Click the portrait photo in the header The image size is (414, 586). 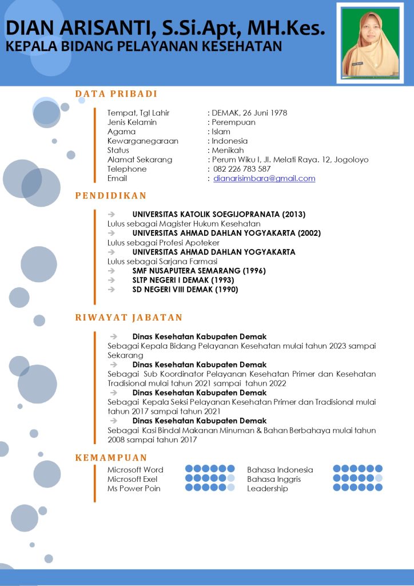point(370,44)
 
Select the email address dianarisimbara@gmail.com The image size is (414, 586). point(264,179)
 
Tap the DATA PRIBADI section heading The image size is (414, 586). point(116,94)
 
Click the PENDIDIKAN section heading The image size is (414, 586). point(111,196)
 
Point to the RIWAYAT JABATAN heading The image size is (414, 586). point(129,318)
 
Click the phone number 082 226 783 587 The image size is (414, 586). point(242,169)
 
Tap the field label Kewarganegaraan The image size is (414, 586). point(143,141)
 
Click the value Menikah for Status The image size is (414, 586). point(228,150)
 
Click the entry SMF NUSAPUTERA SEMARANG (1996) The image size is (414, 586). point(199,271)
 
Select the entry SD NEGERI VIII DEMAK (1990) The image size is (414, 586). point(185,290)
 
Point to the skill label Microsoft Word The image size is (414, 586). point(136,470)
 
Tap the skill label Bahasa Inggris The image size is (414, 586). point(274,479)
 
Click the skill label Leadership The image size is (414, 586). point(268,489)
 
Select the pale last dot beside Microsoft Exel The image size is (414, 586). point(231,478)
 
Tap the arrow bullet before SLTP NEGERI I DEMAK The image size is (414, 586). point(113,280)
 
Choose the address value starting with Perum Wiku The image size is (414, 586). point(290,160)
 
